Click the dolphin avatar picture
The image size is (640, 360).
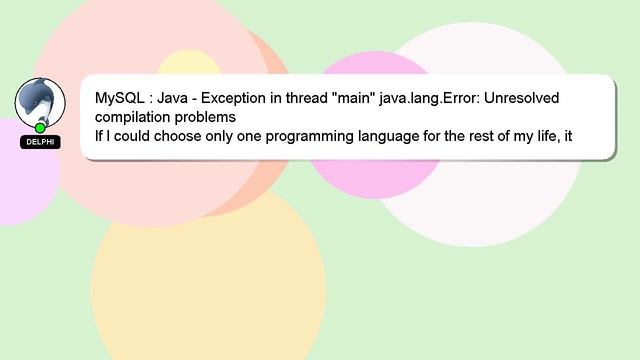coord(40,101)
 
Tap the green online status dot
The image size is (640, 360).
coord(40,128)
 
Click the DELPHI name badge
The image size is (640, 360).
coord(40,142)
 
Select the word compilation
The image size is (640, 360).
coord(136,118)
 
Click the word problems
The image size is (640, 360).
coord(215,118)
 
